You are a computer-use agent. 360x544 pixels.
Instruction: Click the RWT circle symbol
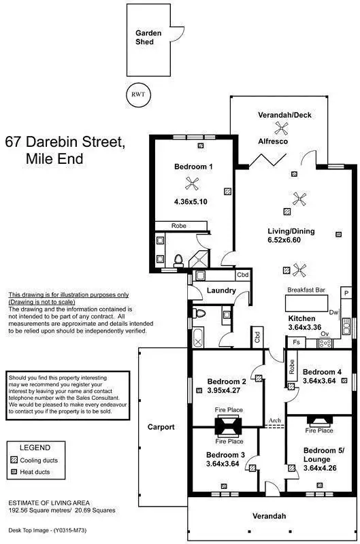click(x=138, y=95)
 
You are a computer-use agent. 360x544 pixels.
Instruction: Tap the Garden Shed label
click(x=144, y=37)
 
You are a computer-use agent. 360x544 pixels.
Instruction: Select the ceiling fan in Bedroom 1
click(x=193, y=182)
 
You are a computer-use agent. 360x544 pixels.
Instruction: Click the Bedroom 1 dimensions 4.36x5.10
click(x=191, y=202)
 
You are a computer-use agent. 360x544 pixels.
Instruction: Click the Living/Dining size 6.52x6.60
click(x=291, y=241)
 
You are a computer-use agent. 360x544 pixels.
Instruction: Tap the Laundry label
click(x=222, y=291)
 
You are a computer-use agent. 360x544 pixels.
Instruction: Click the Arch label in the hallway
click(x=275, y=421)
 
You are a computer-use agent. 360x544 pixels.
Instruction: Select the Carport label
click(x=161, y=427)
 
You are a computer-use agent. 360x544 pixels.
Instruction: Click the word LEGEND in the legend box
click(x=35, y=448)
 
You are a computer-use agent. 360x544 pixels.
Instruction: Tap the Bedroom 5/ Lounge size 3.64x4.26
click(x=323, y=469)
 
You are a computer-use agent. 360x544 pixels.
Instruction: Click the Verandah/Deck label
click(x=284, y=115)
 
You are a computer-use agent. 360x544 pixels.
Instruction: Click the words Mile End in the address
click(x=54, y=160)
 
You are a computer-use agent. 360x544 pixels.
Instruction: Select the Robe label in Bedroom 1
click(x=179, y=225)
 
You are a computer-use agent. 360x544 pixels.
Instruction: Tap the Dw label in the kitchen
click(x=333, y=313)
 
